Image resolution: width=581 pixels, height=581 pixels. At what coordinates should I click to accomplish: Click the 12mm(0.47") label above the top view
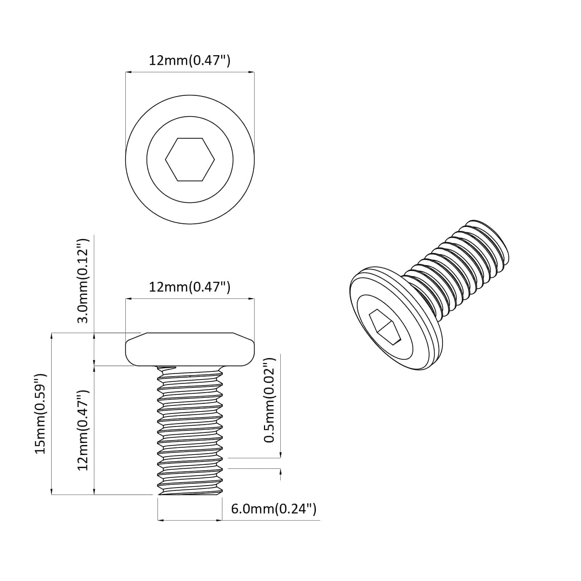click(x=190, y=60)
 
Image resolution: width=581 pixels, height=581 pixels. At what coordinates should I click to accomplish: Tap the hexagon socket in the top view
click(x=190, y=159)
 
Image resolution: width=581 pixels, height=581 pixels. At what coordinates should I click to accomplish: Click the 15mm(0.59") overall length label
click(x=40, y=413)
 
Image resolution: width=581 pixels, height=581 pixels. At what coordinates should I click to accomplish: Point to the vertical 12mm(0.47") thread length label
click(x=83, y=430)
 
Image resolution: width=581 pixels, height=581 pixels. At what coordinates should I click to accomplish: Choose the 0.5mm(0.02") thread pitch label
click(x=270, y=400)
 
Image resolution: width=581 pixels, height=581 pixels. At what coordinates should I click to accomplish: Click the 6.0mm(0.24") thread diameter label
click(x=274, y=509)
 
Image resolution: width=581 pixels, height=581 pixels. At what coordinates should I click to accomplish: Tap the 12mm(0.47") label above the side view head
click(x=190, y=287)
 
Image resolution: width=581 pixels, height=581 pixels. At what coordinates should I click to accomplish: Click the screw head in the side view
click(x=190, y=349)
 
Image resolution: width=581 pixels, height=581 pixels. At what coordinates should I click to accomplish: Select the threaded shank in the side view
click(x=190, y=430)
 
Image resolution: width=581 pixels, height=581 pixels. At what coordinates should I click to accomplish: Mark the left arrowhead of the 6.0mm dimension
click(x=160, y=520)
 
